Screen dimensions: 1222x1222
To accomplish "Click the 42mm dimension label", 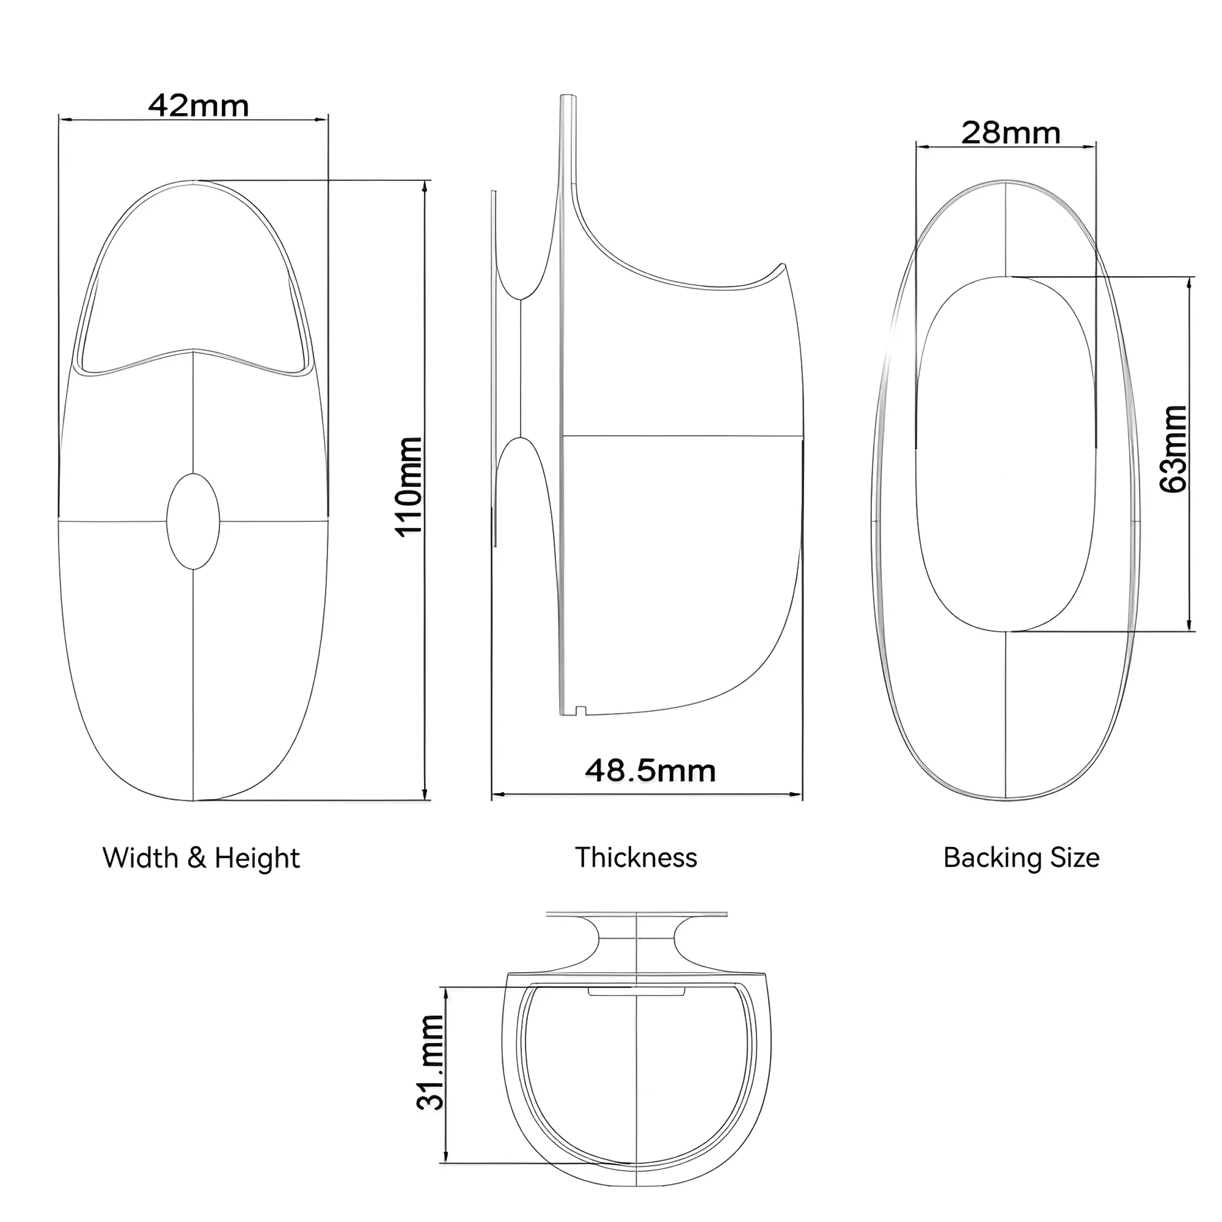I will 198,106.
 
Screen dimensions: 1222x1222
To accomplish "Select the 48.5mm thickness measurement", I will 650,770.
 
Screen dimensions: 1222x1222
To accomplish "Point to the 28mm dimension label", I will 1011,133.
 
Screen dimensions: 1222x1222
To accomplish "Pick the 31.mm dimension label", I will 431,1062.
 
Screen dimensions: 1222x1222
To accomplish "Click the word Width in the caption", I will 141,858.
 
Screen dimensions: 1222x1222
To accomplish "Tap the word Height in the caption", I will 257,858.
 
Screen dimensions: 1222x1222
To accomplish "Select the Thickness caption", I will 635,858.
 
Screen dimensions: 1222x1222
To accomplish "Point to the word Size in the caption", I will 1075,858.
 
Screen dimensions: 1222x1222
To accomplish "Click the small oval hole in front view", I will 193,522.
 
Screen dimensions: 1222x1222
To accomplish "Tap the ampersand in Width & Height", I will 197,859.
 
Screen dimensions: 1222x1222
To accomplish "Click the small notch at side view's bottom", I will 580,711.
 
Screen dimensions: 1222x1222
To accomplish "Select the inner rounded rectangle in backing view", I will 1006,453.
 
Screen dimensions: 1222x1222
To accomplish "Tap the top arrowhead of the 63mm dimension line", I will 1190,282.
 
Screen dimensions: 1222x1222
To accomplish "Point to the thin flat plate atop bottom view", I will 636,913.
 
